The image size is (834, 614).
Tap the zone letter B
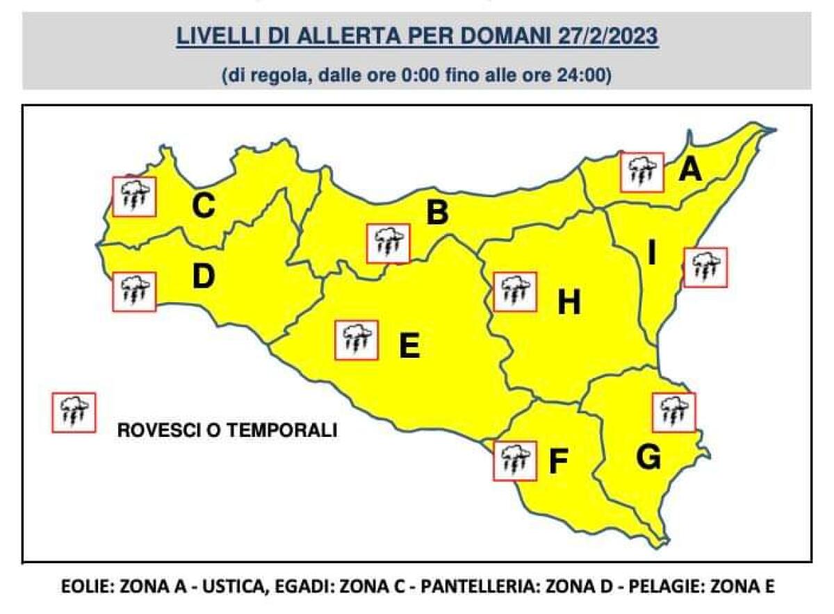(x=436, y=213)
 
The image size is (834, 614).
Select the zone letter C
(x=202, y=206)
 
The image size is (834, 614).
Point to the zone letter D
(x=203, y=276)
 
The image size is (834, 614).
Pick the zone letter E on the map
(x=409, y=346)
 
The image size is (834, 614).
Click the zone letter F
(x=558, y=462)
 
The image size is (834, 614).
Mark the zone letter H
(x=569, y=303)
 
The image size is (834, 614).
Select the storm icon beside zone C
(x=134, y=197)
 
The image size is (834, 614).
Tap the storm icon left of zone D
(x=134, y=292)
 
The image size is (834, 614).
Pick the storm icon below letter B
(x=389, y=244)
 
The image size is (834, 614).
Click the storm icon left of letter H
(x=515, y=291)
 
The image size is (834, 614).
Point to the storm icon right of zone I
(x=705, y=267)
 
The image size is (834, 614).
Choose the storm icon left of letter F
(x=515, y=460)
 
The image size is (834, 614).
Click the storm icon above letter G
(x=674, y=412)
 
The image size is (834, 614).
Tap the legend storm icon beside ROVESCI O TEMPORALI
(x=74, y=413)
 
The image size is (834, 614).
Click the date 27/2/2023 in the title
(x=607, y=35)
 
